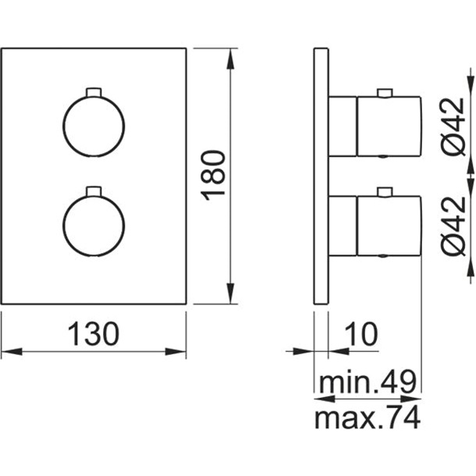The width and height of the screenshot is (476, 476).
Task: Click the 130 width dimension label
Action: (94, 334)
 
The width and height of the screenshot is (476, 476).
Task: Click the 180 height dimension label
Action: (213, 176)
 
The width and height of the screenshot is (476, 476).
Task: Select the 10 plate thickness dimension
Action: (361, 334)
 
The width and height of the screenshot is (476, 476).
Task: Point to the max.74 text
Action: (368, 417)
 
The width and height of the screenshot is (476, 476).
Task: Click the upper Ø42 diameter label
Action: (453, 127)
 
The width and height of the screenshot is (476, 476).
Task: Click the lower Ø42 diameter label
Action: (453, 226)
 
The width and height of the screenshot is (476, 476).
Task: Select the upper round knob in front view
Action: (94, 126)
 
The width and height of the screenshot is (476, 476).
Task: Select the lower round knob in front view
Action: (94, 226)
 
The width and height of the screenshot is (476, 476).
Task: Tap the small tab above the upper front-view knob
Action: (94, 92)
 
